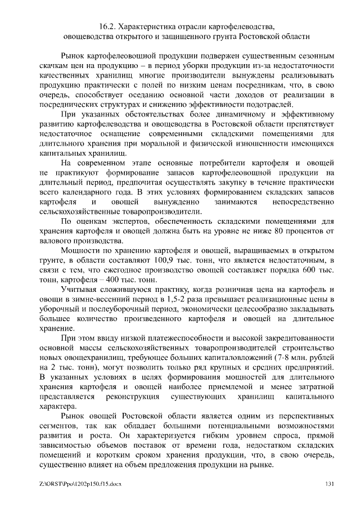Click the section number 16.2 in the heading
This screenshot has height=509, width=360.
tap(106, 26)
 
